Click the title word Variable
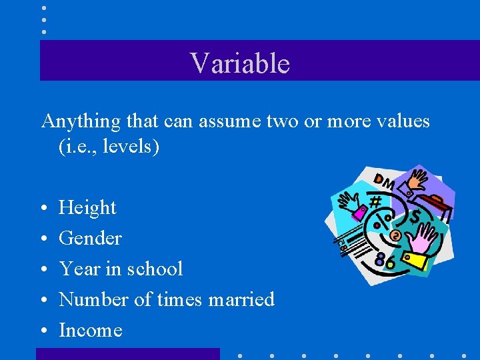pos(240,63)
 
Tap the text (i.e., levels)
pos(109,147)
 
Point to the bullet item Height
pos(87,208)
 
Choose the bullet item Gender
pos(90,239)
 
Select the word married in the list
pos(241,299)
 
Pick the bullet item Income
pos(91,330)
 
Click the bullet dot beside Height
pos(43,209)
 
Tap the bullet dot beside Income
pos(43,331)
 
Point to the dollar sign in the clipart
pos(415,217)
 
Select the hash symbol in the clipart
pos(375,201)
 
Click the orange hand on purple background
pos(419,180)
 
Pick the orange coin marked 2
pos(395,235)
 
